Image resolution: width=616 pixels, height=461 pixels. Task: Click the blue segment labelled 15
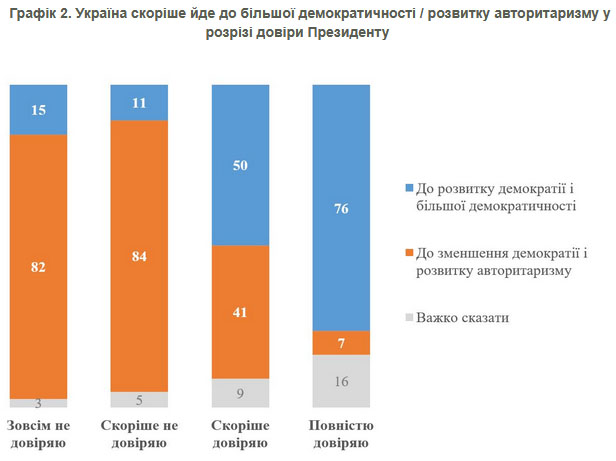tap(38, 109)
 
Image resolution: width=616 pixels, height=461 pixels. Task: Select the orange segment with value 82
tap(38, 266)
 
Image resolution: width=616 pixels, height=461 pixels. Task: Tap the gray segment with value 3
tap(38, 402)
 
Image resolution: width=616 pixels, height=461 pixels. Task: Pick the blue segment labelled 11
tap(139, 103)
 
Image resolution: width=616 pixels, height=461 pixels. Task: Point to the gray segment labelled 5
tap(139, 399)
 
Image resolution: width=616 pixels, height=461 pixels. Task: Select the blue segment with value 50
tap(241, 165)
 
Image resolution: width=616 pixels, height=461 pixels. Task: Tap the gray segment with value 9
tap(241, 392)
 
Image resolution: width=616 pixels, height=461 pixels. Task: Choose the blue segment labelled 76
tap(342, 208)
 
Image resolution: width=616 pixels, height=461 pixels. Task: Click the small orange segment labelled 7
tap(342, 343)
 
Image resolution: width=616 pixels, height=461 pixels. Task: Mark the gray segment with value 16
tap(342, 381)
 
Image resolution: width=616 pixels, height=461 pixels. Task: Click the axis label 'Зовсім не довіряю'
tap(39, 434)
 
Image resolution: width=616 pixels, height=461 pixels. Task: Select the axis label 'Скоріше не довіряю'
tap(140, 434)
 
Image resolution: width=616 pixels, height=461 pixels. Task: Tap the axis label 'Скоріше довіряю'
tap(241, 434)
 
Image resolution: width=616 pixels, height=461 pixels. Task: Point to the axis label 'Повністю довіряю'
tap(342, 434)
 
